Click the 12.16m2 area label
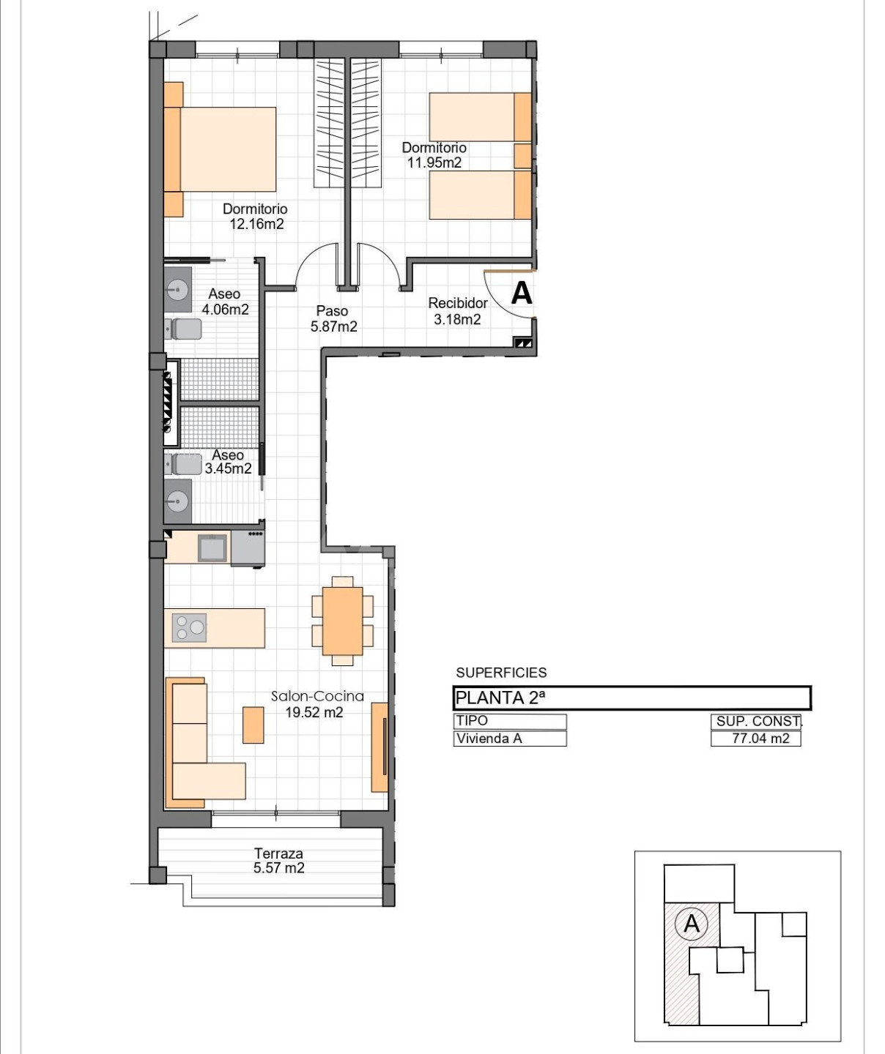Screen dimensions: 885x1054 click(256, 224)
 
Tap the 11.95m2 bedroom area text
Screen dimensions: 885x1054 click(434, 162)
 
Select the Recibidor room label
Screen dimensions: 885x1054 click(457, 303)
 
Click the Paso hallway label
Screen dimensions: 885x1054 click(333, 311)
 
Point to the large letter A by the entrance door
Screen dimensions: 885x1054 click(522, 293)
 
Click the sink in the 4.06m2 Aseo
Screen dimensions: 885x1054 click(177, 290)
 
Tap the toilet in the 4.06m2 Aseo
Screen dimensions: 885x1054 click(184, 329)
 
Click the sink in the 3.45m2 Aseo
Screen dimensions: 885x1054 click(177, 501)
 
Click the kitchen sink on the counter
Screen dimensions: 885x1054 click(212, 548)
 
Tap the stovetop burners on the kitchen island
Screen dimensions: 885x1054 click(189, 627)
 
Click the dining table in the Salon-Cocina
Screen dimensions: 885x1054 click(343, 621)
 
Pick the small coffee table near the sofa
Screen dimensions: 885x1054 click(253, 725)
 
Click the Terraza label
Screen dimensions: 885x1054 click(278, 853)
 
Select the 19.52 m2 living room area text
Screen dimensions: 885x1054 click(314, 712)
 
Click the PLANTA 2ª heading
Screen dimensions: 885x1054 click(500, 698)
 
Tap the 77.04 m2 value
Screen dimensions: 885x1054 click(760, 739)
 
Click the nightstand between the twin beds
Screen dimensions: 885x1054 click(523, 155)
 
